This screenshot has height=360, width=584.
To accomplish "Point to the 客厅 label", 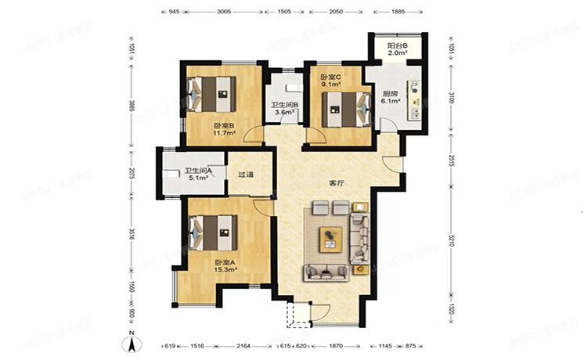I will (x=337, y=183).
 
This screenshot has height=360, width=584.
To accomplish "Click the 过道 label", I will (x=245, y=175).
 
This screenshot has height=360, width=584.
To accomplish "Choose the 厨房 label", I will (x=390, y=92).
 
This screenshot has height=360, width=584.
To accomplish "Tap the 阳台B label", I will (x=398, y=45).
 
